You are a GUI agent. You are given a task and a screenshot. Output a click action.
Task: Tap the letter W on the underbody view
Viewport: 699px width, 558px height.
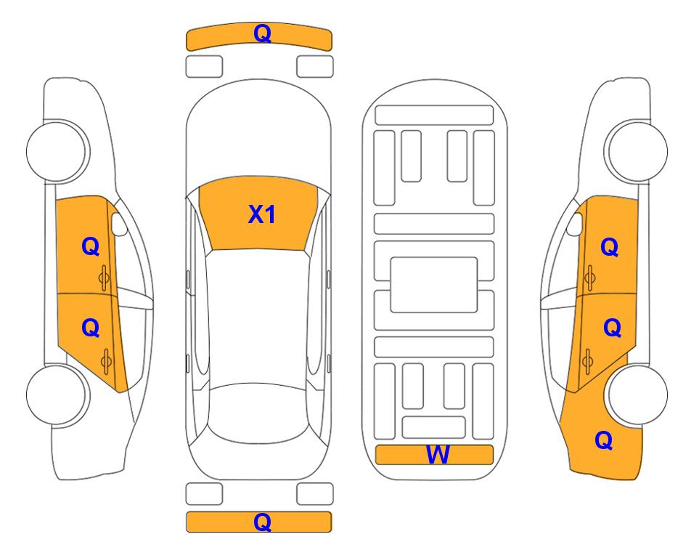(438, 455)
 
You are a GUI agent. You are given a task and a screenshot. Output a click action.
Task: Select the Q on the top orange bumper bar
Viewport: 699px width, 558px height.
(262, 33)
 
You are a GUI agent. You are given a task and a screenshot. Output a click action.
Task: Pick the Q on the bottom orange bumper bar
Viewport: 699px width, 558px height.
(262, 522)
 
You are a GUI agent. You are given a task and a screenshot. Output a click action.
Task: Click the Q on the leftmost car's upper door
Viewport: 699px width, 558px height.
(91, 246)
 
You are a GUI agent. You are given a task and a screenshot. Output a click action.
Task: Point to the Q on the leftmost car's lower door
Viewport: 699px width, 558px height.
(91, 328)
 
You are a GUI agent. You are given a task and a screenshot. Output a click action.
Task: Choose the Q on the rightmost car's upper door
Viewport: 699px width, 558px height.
(610, 247)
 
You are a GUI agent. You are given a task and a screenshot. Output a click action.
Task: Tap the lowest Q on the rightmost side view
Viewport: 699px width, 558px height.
(604, 440)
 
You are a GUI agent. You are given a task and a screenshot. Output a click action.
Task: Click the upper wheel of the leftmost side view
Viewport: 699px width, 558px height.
(57, 151)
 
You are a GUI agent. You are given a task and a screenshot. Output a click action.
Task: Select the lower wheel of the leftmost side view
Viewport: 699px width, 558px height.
(57, 395)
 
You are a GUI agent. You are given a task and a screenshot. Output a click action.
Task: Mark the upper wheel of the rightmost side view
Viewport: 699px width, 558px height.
(636, 151)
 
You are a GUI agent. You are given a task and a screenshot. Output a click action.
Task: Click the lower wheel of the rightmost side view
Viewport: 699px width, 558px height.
(637, 395)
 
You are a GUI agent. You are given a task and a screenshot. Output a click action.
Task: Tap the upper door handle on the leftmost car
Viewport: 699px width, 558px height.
(105, 278)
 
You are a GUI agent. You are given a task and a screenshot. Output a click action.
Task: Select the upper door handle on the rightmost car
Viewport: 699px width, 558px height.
(590, 278)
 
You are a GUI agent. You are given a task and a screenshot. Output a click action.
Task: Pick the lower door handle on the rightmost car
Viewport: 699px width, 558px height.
(587, 360)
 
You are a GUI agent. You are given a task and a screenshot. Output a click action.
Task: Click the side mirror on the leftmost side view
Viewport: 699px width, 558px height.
(119, 224)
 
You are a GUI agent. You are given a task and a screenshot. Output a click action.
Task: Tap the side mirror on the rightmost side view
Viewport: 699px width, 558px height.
(575, 224)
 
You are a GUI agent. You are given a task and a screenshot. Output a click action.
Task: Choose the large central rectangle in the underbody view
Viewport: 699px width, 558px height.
(434, 285)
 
